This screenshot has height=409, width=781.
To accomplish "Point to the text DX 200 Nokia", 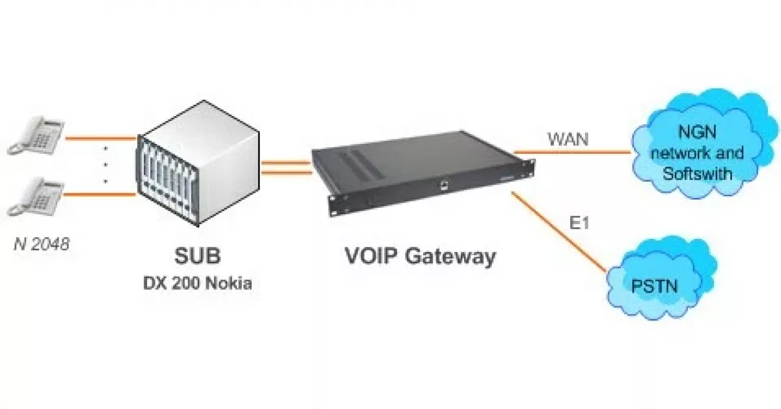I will (197, 285).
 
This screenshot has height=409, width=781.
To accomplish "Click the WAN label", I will (567, 139).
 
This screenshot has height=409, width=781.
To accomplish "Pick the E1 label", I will (581, 223).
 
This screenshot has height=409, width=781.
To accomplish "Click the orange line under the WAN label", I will (573, 153).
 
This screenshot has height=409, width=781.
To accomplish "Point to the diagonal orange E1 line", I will (560, 231).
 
